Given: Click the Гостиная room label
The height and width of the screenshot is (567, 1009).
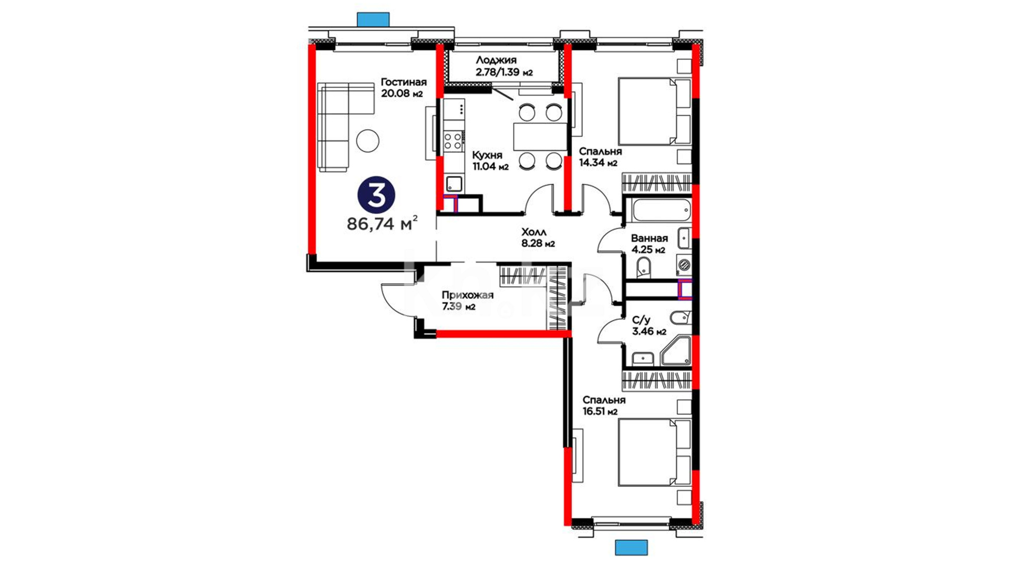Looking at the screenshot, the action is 403,82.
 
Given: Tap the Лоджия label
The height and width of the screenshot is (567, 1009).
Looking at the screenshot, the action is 496,60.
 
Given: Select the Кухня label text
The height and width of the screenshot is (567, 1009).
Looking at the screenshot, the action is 487,155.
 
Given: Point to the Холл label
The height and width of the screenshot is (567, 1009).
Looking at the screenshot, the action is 534,232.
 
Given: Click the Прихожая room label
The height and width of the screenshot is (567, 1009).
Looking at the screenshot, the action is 467,295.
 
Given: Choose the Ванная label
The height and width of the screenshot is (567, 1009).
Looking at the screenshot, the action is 649,238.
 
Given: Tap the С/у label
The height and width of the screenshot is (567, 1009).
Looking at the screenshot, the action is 641,320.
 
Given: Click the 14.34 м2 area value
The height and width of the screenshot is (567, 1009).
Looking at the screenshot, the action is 598,163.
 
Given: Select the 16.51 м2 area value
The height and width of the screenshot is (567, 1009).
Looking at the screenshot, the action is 600,412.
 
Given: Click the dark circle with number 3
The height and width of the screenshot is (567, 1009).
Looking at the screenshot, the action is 376,195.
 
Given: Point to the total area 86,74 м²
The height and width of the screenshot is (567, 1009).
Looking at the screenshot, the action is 382,224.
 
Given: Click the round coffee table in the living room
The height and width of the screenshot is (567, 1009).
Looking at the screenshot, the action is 367,140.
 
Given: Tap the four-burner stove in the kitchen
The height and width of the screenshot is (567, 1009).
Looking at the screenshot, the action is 453,141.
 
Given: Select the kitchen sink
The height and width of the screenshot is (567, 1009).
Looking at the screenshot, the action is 454,184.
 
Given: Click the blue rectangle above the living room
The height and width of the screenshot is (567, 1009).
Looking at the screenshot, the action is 373,20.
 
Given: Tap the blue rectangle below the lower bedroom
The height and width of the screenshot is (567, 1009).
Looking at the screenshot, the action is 631,548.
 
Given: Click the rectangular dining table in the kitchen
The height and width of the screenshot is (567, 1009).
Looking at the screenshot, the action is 540,136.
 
